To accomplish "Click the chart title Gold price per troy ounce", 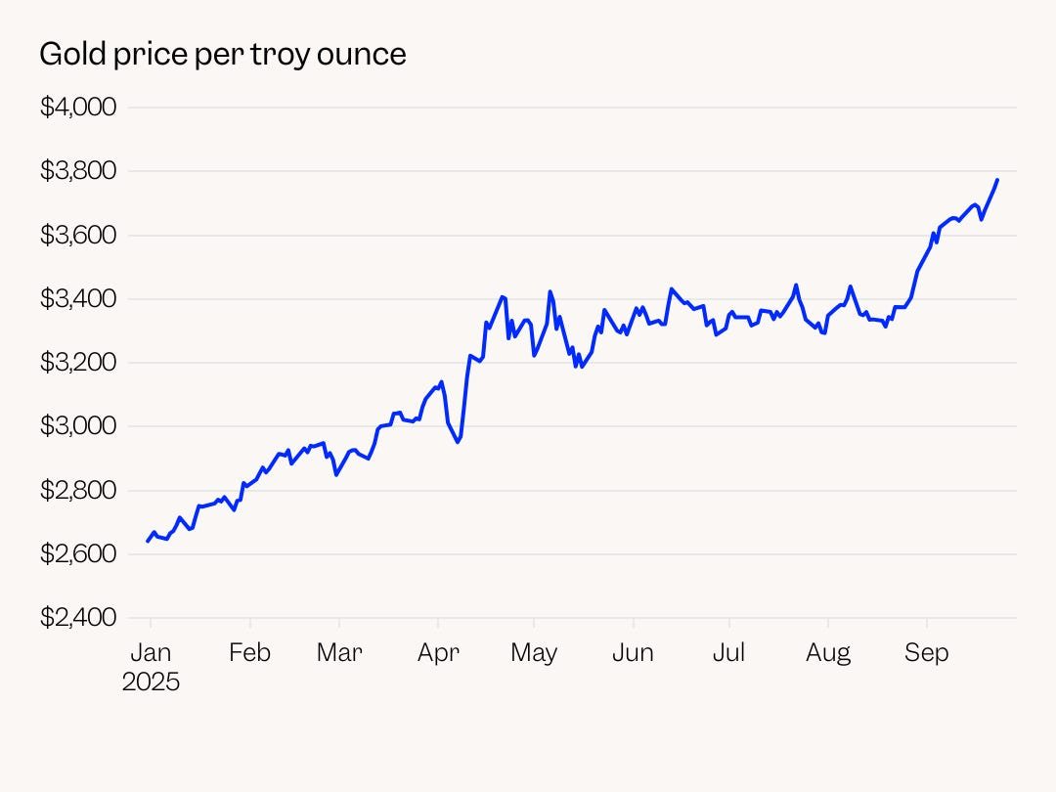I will [x=222, y=55].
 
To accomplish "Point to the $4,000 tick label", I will [x=78, y=107].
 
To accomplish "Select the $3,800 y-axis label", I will [x=78, y=171].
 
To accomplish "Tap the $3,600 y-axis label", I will [x=78, y=235].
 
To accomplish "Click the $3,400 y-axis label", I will [x=78, y=299].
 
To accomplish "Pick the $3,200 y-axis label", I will [x=78, y=363].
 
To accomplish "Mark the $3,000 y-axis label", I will [x=78, y=426].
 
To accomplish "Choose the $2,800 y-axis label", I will [x=78, y=490].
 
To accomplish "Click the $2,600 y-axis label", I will [x=78, y=554].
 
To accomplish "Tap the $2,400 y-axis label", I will [x=78, y=618].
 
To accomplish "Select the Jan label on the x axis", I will [x=151, y=652].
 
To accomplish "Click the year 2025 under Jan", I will [x=151, y=682].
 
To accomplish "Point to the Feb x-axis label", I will [x=249, y=652].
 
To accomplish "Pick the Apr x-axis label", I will [x=437, y=652].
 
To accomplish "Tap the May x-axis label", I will [x=534, y=652].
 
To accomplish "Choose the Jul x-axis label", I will [x=728, y=652].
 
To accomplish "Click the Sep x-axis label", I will [x=926, y=652].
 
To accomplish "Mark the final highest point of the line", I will [x=997, y=180].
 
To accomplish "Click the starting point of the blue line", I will [x=148, y=541].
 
